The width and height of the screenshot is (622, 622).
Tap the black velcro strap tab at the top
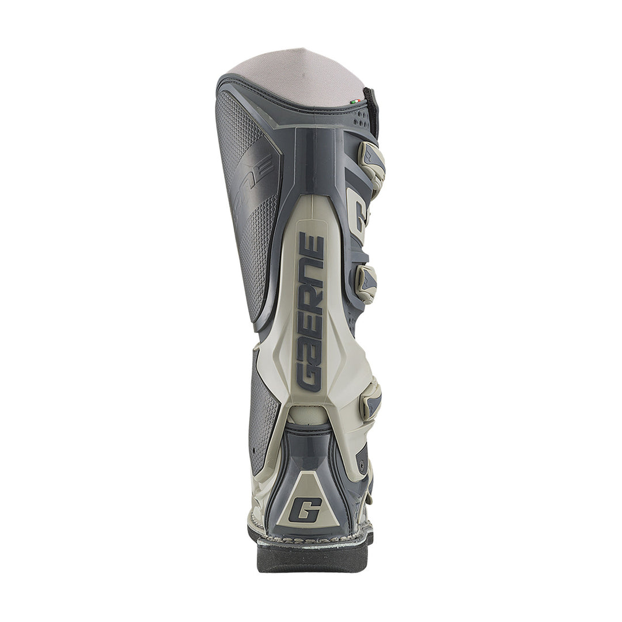click(371, 112)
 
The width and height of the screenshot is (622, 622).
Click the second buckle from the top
click(366, 283)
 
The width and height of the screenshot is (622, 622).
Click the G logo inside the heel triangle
click(305, 509)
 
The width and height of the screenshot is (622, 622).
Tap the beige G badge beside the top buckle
click(358, 215)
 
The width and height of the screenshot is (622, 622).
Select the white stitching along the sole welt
click(311, 540)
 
